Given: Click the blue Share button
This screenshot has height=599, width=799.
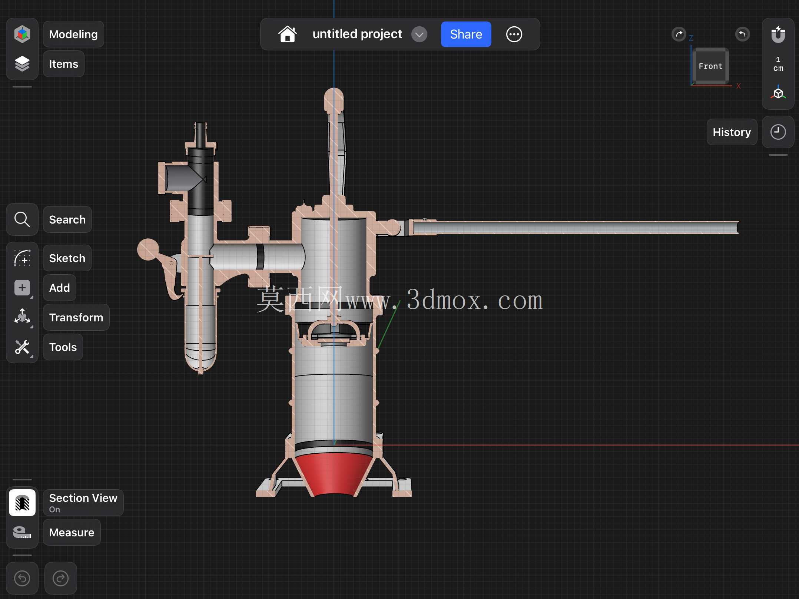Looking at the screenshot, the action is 466,34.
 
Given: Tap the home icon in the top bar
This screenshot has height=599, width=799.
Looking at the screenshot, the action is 288,34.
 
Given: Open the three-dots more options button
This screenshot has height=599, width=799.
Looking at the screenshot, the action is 514,34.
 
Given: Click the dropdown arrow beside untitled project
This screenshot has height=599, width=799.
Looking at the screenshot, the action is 419,34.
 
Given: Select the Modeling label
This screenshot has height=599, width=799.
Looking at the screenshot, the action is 73,34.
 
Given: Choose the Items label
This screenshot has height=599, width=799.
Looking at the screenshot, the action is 64,64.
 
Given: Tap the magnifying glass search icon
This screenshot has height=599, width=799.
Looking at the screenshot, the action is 22,219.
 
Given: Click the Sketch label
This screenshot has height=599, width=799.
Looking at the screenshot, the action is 67,258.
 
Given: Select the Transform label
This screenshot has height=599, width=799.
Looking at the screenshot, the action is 76,317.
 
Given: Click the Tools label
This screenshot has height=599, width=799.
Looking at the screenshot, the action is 63,347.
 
